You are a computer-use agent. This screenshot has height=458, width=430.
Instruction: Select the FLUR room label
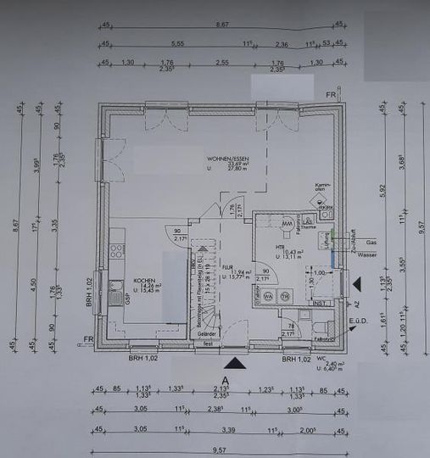[x=227, y=266]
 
